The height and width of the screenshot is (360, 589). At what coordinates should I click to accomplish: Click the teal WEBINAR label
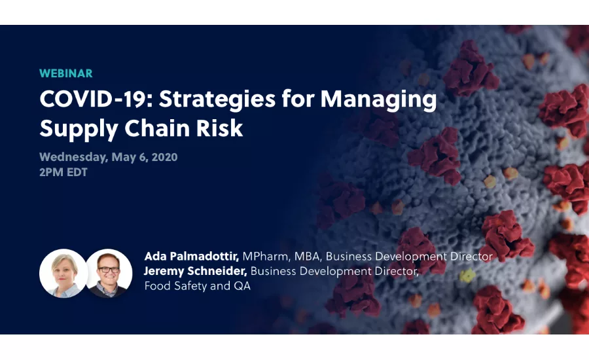coord(65,73)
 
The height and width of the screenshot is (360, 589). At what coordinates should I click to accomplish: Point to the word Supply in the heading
coord(71,128)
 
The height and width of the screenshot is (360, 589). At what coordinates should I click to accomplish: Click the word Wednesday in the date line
coord(73,157)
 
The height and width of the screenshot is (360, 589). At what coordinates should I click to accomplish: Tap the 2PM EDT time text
coord(63,173)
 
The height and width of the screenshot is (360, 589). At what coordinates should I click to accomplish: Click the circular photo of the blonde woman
coord(63,273)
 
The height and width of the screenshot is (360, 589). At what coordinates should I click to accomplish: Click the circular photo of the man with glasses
coord(109,273)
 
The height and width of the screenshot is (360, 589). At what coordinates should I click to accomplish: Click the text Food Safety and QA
coord(197,285)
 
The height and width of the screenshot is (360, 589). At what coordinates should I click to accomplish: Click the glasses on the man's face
coord(109,269)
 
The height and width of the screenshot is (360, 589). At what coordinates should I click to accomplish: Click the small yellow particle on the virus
coord(467,276)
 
